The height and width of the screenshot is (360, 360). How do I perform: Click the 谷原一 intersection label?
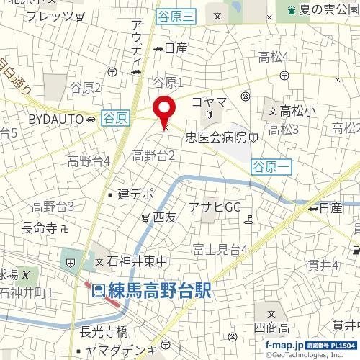pos(272,166)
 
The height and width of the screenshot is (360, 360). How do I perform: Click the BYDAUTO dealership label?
pos(57,118)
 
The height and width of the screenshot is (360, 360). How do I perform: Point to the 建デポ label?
pos(135,194)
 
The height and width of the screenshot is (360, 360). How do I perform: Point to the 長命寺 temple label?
pos(39,228)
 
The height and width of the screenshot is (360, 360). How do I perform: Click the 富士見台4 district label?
pos(220,250)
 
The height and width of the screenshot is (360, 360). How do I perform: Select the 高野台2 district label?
pos(154,154)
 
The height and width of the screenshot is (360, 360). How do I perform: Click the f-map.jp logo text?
pos(284,346)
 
